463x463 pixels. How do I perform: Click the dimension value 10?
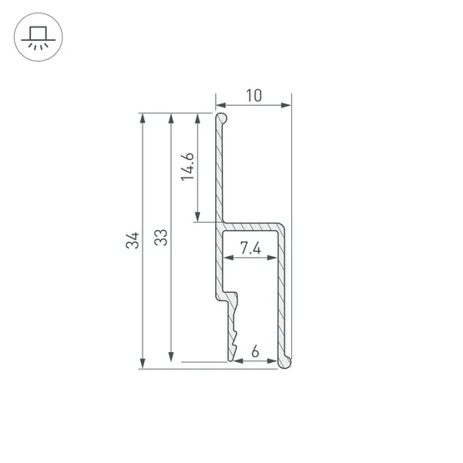(254, 96)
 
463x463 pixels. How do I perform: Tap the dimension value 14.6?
(188, 167)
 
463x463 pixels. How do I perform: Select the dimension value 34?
(133, 240)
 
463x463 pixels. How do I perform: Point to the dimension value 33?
(161, 238)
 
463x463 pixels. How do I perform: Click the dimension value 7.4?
(250, 248)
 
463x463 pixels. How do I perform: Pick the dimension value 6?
(255, 351)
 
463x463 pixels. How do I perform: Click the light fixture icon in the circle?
(38, 38)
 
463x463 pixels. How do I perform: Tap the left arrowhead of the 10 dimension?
(220, 105)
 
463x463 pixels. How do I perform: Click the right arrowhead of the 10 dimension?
(286, 105)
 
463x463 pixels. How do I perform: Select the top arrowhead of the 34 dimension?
(143, 118)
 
